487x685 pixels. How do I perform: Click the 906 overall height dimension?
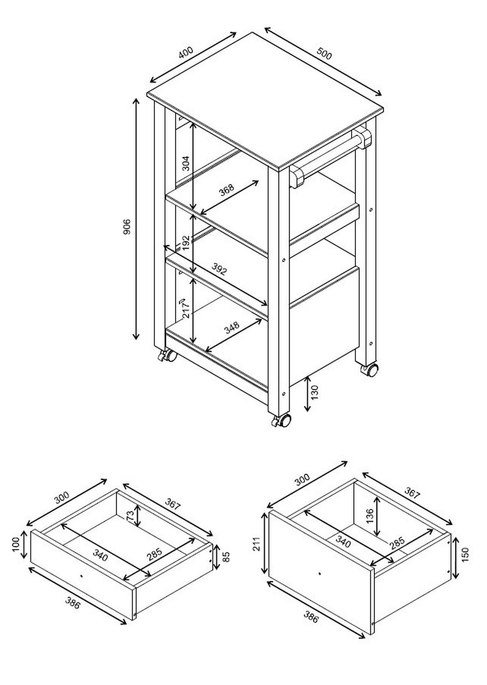[x=126, y=226]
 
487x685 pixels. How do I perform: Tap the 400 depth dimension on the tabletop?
[x=186, y=52]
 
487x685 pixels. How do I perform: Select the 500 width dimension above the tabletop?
[x=324, y=54]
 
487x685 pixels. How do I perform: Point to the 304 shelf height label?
[x=185, y=163]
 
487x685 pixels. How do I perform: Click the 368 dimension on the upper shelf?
[x=226, y=190]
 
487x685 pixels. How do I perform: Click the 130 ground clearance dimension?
[x=315, y=392]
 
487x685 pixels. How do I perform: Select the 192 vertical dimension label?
[x=186, y=243]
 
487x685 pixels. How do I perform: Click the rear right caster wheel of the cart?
[x=370, y=370]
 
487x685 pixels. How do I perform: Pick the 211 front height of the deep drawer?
[x=256, y=544]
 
